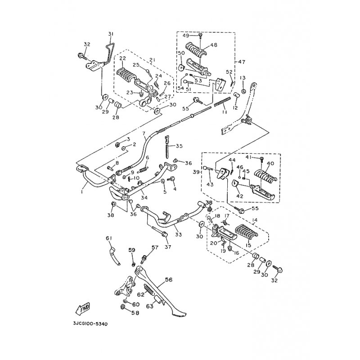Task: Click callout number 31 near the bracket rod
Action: (111, 35)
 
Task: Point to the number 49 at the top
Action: (185, 35)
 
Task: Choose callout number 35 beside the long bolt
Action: (179, 146)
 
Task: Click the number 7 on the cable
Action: (144, 133)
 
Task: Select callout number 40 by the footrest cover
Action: (270, 163)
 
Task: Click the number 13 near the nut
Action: (243, 78)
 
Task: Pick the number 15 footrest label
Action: (247, 246)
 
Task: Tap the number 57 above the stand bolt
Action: (155, 247)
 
